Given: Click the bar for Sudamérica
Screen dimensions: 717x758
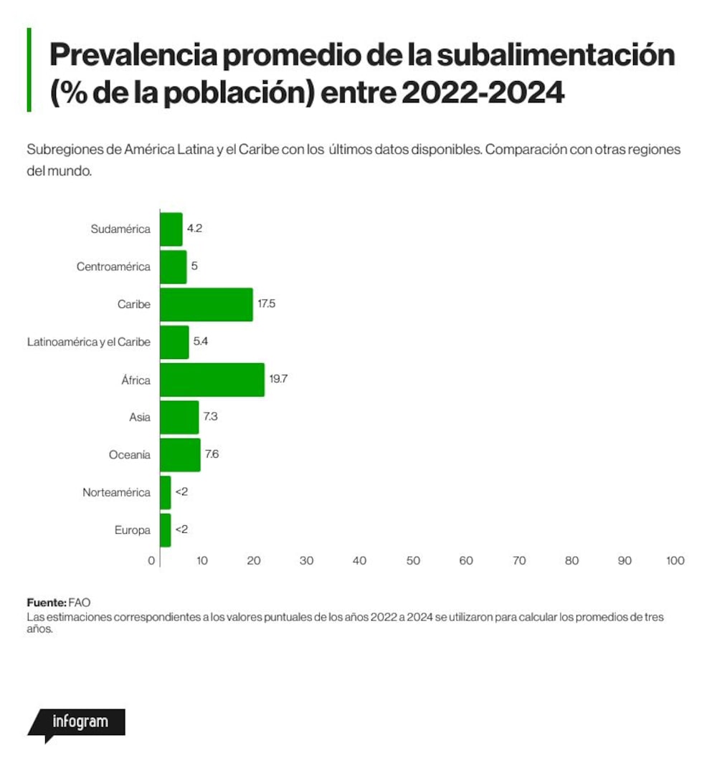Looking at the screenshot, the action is coord(171,229).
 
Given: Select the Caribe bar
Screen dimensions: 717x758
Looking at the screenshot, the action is coord(206,304).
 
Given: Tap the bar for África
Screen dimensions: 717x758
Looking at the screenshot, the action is coord(212,380).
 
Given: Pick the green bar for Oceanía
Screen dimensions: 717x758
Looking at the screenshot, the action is coord(181,455).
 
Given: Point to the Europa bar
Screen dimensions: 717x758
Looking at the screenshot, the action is coord(166,530).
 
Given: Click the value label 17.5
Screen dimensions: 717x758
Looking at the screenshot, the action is coord(267,304).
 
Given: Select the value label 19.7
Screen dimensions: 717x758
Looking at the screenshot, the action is coord(278,379).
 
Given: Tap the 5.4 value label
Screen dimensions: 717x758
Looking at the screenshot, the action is coord(201,341).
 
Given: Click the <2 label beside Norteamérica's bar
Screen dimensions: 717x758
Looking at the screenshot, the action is coord(181,492).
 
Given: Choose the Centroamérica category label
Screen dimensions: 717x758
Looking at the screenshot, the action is coord(113,267).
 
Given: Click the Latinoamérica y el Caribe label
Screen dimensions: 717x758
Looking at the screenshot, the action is coord(88,342).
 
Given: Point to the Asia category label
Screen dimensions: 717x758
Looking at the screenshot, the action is coord(140,417).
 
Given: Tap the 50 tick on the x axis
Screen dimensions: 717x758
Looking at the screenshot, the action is coord(413,561).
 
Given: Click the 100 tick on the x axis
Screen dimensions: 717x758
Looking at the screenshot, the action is coord(675,561).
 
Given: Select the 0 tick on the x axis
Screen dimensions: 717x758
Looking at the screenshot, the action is coord(151,561).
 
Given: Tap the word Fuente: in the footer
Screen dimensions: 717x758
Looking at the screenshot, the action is coord(47,603).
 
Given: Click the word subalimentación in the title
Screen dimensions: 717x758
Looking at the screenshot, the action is coord(556,54).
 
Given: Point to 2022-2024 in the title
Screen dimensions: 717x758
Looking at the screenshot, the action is coord(483,92).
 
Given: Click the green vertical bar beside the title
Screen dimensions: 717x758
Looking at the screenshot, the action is coord(29,70).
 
